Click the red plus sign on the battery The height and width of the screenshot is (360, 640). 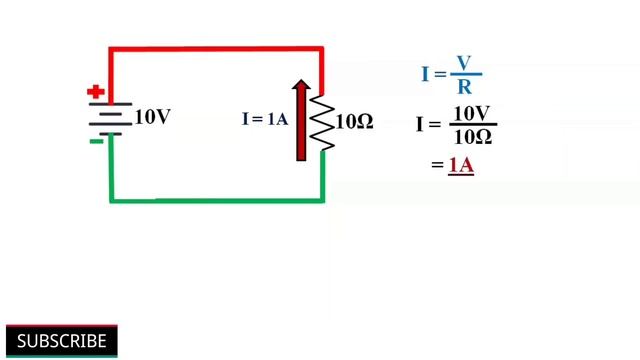click(96, 93)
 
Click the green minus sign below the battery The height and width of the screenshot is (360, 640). click(96, 141)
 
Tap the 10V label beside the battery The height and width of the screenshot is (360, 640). click(152, 118)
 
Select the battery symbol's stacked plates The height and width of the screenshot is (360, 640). click(109, 118)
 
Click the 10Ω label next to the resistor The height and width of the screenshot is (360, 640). click(355, 122)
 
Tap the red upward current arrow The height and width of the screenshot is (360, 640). click(300, 120)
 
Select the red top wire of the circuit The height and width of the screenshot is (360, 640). click(215, 47)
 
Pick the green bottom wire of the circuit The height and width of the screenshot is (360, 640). click(215, 198)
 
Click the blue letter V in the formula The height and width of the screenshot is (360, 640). click(463, 63)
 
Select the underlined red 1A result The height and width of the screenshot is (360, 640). click(460, 164)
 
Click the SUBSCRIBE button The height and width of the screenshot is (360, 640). click(61, 341)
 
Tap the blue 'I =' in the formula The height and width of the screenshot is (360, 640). click(433, 74)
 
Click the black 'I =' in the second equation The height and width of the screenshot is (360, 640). click(428, 124)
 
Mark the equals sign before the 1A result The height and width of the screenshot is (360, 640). click(437, 165)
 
